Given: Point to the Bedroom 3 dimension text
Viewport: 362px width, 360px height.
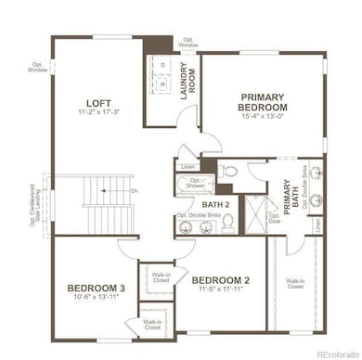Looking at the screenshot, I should (93, 298).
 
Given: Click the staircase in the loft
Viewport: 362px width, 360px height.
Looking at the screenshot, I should (108, 205).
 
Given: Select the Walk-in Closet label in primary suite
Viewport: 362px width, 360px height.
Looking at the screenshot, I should (295, 284).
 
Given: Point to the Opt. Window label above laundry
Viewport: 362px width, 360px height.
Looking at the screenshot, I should (187, 43).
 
